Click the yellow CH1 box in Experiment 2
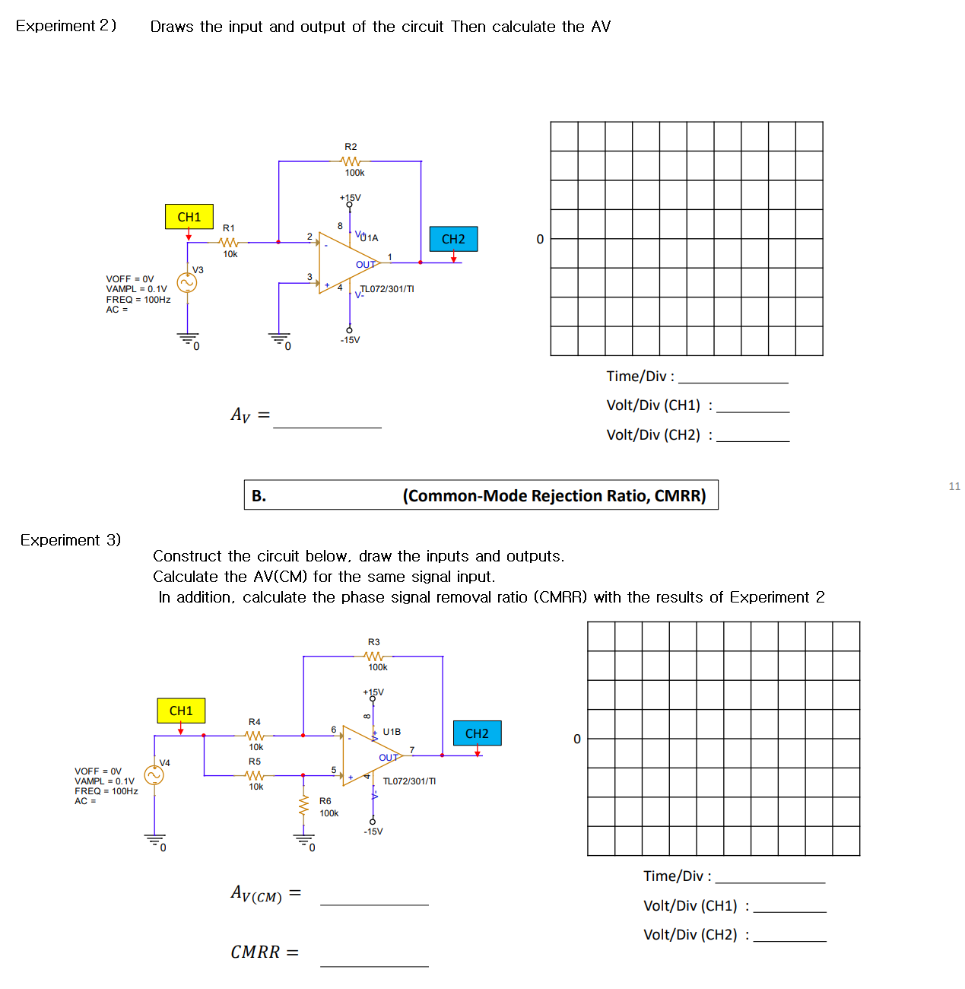point(189,217)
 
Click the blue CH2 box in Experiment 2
point(453,239)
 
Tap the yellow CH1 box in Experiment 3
point(181,711)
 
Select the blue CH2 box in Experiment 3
point(477,733)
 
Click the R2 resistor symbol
point(351,161)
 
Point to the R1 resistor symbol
point(229,243)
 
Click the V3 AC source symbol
point(187,283)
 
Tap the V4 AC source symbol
point(154,775)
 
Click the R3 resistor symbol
point(373,656)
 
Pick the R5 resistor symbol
point(256,775)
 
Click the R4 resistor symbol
point(256,736)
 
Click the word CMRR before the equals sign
point(256,952)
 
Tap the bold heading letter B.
point(259,496)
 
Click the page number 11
point(954,486)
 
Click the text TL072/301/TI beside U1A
point(387,289)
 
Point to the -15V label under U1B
point(373,832)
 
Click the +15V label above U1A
point(351,198)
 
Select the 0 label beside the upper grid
point(540,240)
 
